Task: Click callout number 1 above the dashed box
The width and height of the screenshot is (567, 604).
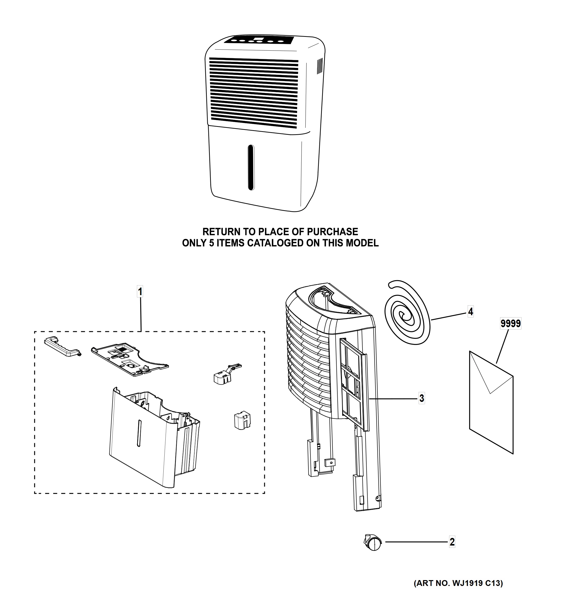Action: click(140, 292)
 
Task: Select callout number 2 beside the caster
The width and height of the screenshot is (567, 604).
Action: click(452, 542)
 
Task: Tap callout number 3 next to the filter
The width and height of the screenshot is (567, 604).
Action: click(422, 398)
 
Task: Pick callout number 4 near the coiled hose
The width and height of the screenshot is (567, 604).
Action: click(470, 311)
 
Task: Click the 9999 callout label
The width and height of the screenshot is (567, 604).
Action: click(511, 324)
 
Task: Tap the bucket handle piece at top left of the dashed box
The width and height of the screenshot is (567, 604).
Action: click(62, 346)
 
